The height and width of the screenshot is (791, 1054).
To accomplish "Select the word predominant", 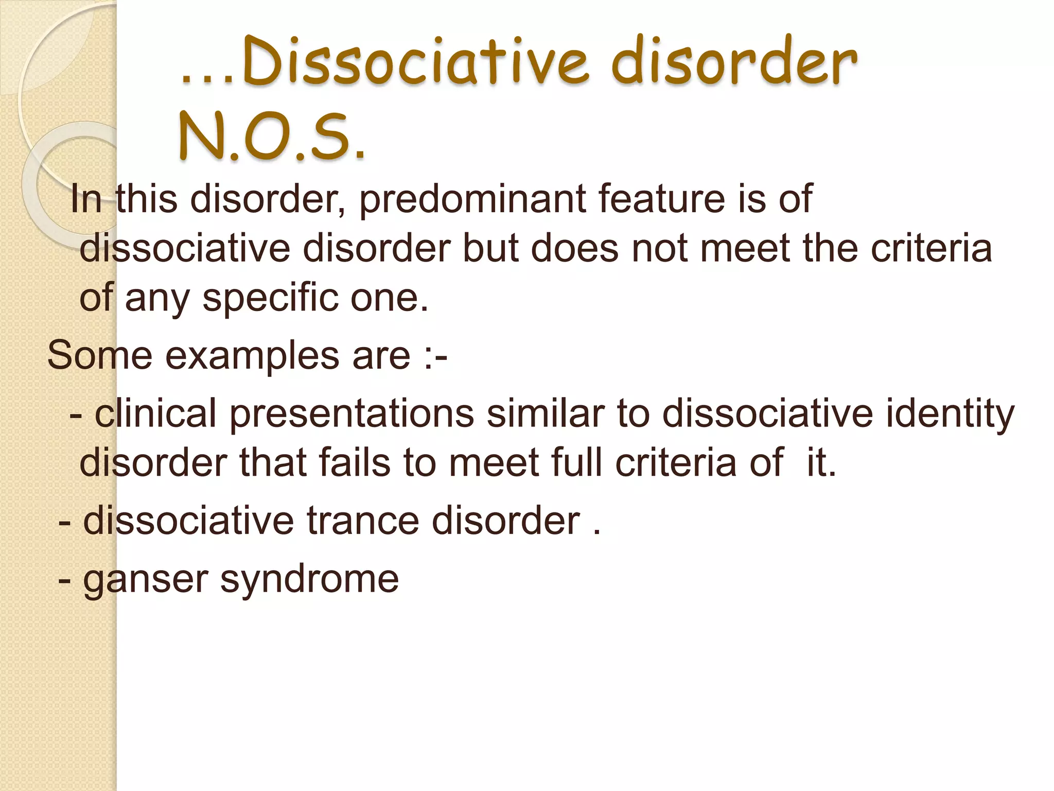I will coord(472,199).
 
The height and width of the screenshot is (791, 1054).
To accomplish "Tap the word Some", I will coord(99,355).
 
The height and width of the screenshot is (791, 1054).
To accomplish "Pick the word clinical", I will coord(155,414).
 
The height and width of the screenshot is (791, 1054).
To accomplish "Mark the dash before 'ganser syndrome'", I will coord(65,579).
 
